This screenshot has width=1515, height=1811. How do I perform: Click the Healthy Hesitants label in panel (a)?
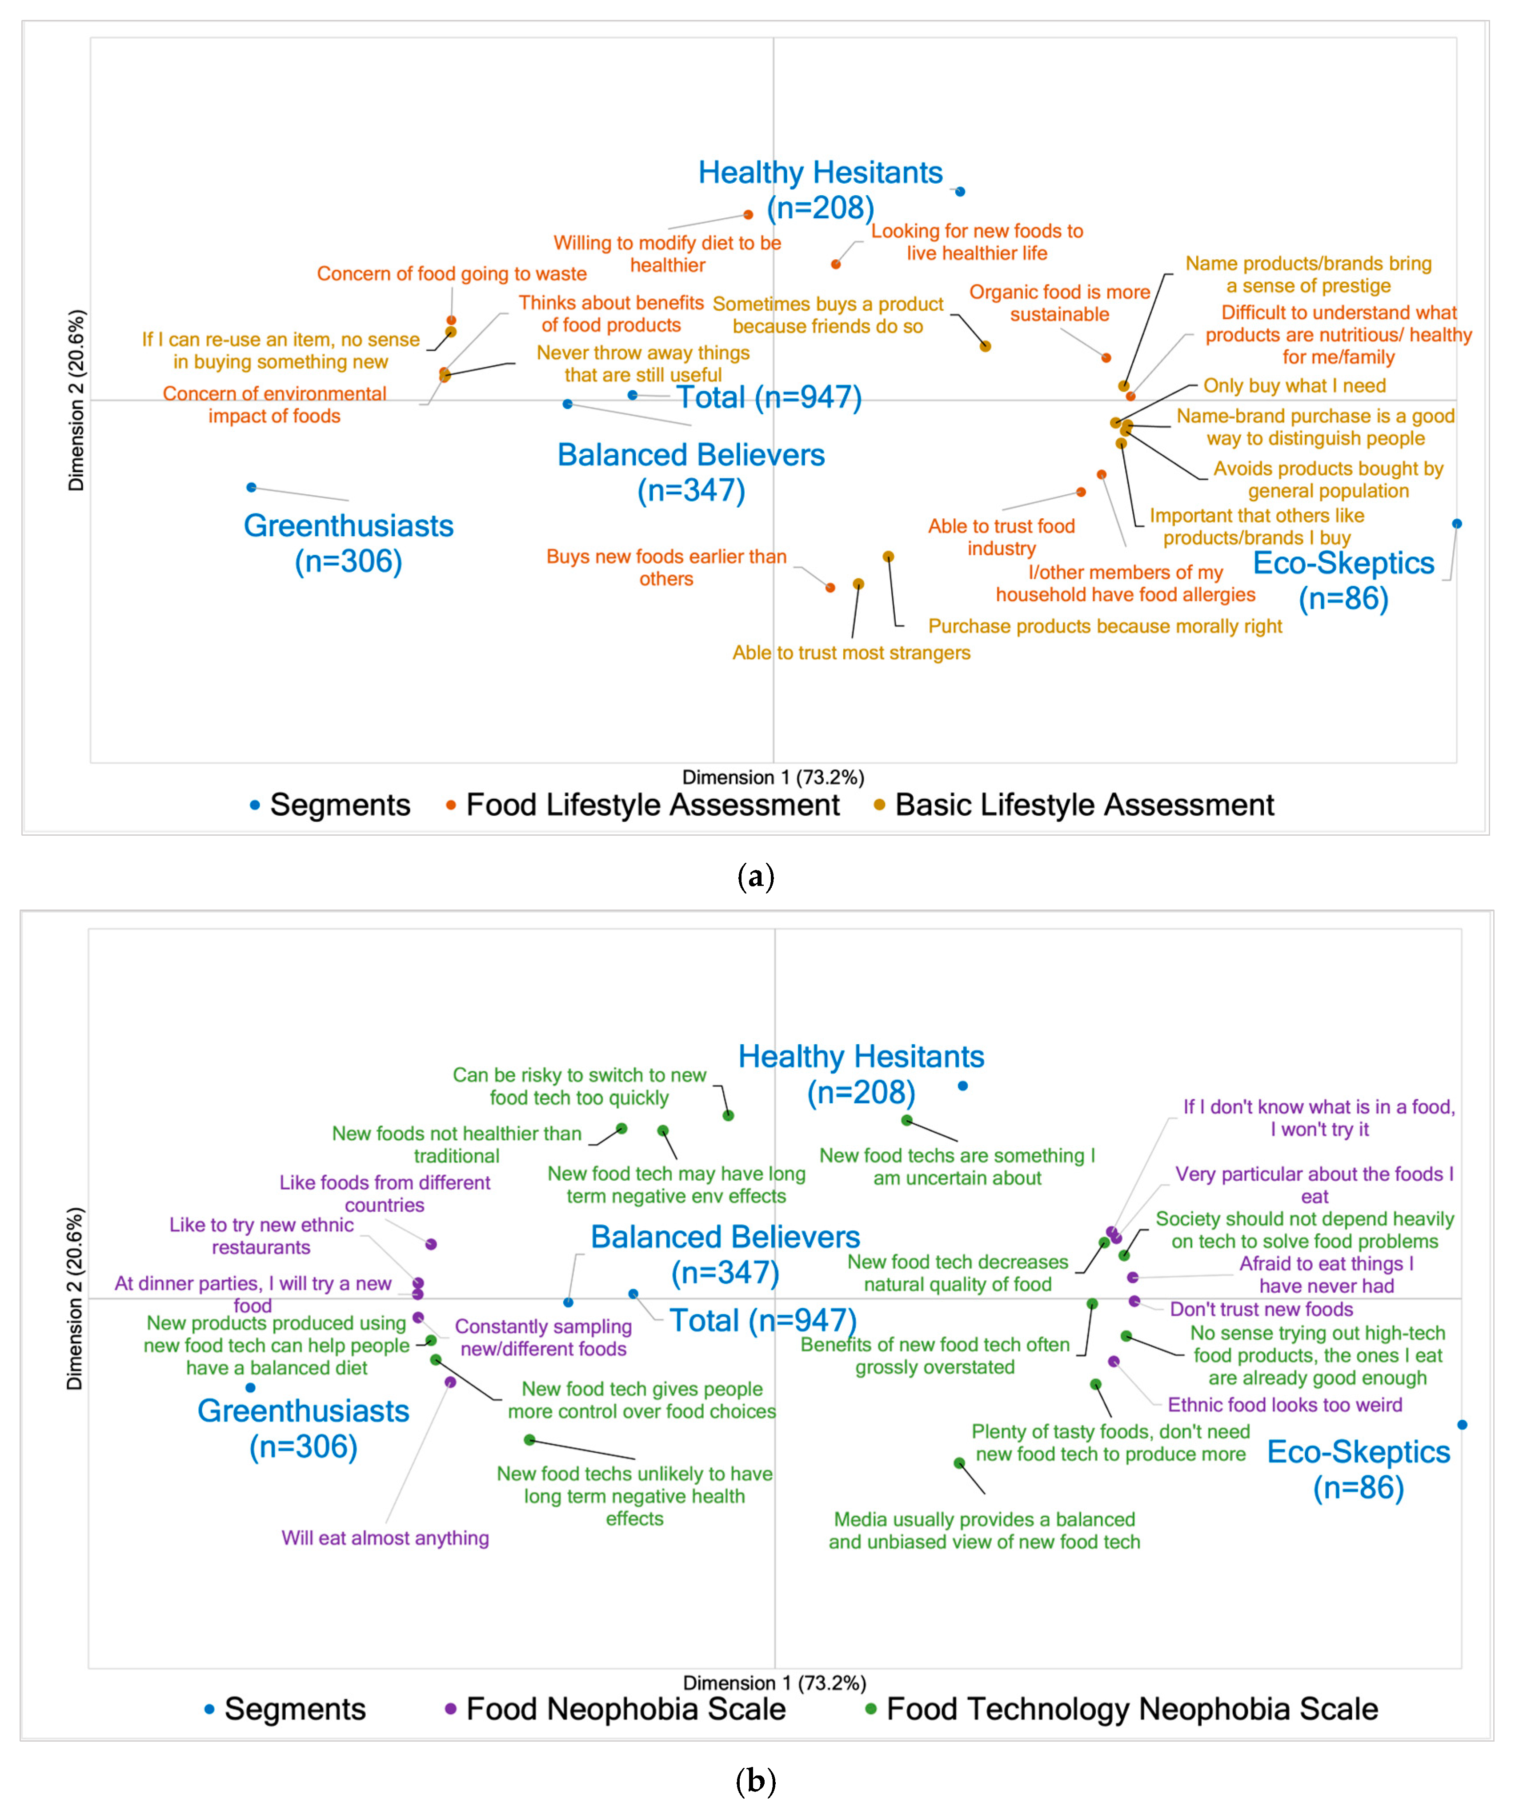coord(820,190)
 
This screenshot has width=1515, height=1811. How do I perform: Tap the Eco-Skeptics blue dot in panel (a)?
coord(1456,524)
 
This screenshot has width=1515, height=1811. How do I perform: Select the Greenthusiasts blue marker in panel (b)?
coord(250,1387)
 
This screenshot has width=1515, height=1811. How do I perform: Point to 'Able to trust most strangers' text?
coord(851,653)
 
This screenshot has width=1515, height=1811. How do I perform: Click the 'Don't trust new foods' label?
coord(1261,1309)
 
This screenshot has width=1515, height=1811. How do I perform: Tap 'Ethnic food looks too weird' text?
coord(1284,1405)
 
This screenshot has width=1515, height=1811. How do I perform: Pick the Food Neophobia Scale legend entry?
coord(625,1708)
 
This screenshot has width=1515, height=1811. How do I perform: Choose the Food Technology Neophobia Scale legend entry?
coord(1131,1708)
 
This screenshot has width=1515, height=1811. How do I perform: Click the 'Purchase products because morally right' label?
coord(1105,626)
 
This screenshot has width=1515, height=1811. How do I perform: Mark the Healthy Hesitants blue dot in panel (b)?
coord(962,1086)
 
